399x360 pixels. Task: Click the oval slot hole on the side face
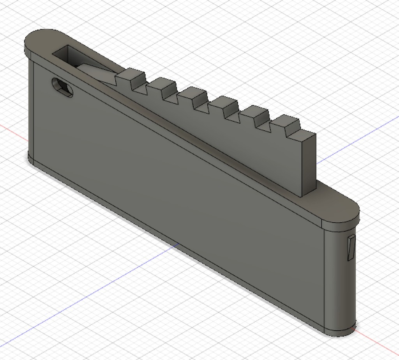click(x=62, y=87)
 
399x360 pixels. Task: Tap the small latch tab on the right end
click(x=351, y=248)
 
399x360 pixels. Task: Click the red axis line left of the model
click(x=12, y=129)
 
